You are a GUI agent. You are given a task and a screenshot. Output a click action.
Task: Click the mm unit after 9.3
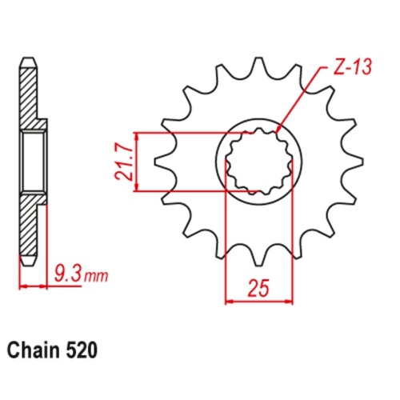(x=95, y=278)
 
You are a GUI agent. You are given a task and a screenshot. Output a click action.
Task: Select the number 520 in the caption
(x=84, y=350)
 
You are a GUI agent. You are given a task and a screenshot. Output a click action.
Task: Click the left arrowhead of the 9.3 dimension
(x=22, y=286)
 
